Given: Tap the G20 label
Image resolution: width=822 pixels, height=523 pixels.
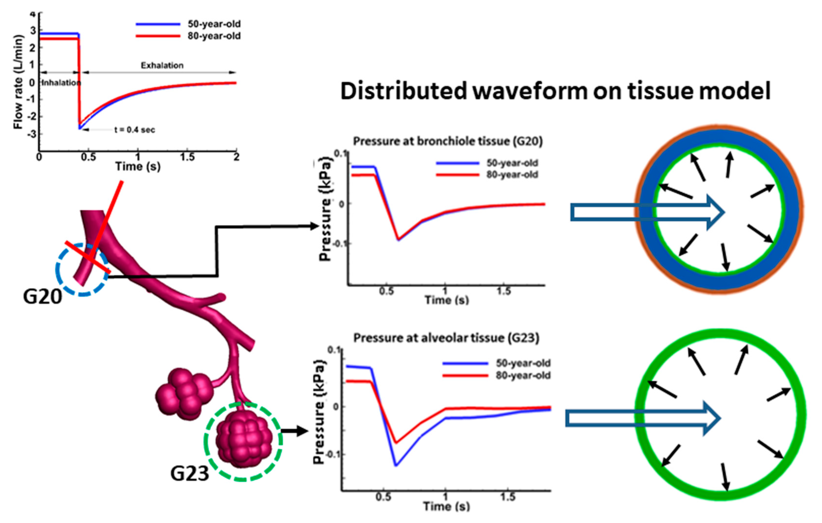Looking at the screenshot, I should coord(42,296).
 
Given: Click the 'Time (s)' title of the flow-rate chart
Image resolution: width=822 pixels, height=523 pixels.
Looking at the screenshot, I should coord(138,167).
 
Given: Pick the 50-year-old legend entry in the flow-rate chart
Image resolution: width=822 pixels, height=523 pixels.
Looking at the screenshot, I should coord(214,24).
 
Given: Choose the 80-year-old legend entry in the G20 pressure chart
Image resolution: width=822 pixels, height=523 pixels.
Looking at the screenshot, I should coord(512,175).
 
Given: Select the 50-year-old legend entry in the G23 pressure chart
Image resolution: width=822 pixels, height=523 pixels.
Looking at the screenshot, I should coord(523,363).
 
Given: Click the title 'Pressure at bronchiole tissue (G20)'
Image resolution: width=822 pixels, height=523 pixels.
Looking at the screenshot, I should coord(447,141).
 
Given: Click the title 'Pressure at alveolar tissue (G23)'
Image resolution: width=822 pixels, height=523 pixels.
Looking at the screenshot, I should coord(446,338).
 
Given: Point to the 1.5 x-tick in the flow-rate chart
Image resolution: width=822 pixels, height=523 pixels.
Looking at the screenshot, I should coord(187,157).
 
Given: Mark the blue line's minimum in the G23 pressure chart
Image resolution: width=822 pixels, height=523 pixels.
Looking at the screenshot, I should coord(396,465).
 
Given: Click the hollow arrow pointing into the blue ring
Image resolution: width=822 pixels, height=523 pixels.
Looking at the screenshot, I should coord(647,212).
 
